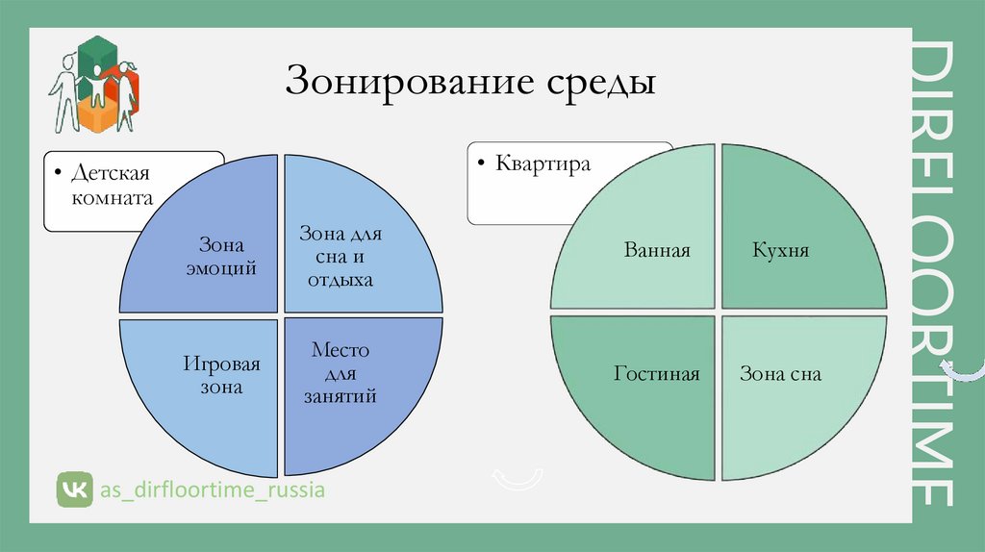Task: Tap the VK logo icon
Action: [73, 489]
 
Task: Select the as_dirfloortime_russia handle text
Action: [213, 490]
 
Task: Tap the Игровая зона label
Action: [222, 376]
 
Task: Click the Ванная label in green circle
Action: [657, 251]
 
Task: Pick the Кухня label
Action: [780, 251]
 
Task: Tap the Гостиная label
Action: [657, 373]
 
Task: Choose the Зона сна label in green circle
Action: [780, 373]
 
